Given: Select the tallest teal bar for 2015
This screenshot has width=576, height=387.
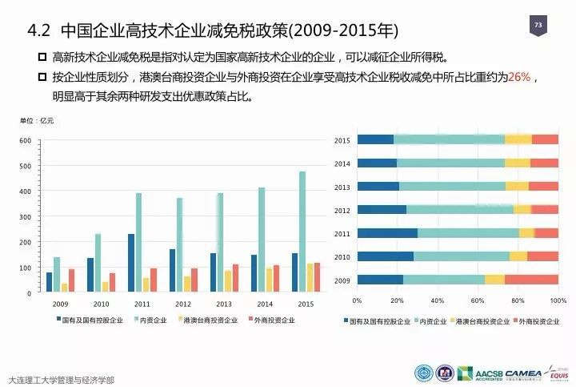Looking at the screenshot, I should pos(302,232).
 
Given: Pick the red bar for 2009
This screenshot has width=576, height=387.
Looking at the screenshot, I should pos(71,280).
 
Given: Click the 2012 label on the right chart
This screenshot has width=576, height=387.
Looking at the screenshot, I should pos(342,210).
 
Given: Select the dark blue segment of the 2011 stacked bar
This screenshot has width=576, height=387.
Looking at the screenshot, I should pos(387,233).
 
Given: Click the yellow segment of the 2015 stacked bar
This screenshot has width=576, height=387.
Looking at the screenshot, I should pos(518,139).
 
